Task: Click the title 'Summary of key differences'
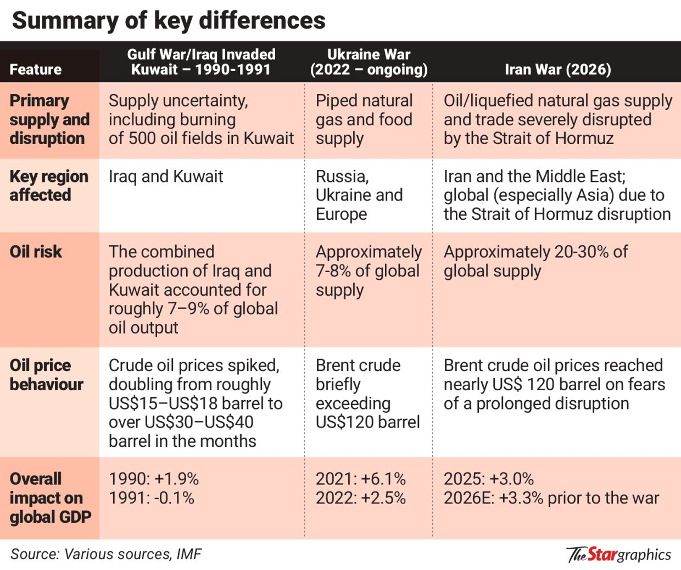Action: click(x=169, y=21)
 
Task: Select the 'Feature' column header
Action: click(x=36, y=70)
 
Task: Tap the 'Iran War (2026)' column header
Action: click(x=557, y=70)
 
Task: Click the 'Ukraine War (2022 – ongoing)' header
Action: click(x=369, y=62)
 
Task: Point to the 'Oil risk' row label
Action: click(x=36, y=252)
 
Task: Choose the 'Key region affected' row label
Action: click(x=48, y=186)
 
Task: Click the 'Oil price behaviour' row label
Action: click(x=46, y=375)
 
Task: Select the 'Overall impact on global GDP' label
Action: click(x=50, y=498)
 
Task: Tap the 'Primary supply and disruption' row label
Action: click(x=49, y=119)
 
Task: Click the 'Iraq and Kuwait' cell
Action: click(x=166, y=176)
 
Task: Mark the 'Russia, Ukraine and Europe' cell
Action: click(x=359, y=195)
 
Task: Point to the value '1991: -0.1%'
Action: click(x=152, y=498)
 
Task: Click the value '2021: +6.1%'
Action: click(x=361, y=479)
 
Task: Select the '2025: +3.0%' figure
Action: click(x=488, y=479)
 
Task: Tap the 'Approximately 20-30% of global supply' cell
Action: click(x=535, y=261)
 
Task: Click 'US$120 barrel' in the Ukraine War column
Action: click(x=367, y=422)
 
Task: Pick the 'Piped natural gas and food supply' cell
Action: click(x=364, y=119)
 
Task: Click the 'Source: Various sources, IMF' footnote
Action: click(x=106, y=554)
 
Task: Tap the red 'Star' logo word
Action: click(x=602, y=554)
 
